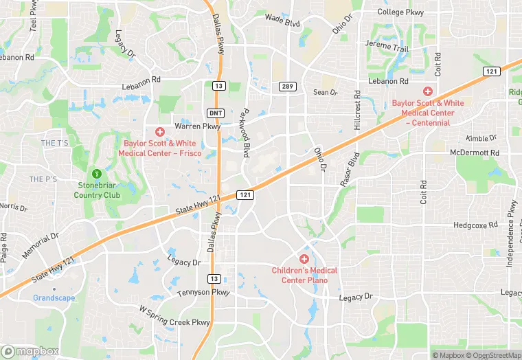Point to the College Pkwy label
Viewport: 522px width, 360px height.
coord(400,12)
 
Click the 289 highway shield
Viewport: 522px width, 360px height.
coord(287,86)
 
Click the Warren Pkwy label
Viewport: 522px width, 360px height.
coord(197,126)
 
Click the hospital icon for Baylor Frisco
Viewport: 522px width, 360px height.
coord(160,131)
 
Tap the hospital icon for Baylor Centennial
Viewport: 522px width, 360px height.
coord(427,91)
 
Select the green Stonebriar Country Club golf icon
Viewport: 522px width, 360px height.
coord(97,173)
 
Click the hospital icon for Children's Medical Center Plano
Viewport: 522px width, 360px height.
coord(304,258)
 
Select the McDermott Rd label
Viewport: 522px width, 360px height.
coord(474,153)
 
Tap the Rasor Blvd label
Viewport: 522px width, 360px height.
coord(350,170)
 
